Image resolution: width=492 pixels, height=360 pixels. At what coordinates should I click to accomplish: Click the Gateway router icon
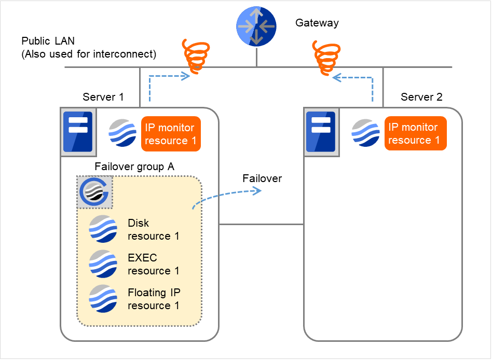pos(256,26)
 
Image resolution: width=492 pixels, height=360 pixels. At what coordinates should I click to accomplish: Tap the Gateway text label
pos(317,23)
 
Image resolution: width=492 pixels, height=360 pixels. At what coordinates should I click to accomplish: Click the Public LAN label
pos(47,41)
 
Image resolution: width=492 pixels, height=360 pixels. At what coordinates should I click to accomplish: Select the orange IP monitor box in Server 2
pos(415,133)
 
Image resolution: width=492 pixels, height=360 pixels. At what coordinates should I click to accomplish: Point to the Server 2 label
pos(421,97)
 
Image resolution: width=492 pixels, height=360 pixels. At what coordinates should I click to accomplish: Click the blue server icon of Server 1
pos(77,132)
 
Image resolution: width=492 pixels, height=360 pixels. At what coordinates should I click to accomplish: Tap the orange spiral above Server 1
pos(195,55)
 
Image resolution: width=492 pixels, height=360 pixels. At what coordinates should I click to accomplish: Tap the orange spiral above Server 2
pos(326,55)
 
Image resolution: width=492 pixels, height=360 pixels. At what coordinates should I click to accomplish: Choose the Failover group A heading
pos(134,167)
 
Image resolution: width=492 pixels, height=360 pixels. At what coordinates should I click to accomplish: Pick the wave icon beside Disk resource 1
pos(103,229)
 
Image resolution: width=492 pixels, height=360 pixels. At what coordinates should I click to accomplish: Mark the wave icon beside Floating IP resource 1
pos(103,298)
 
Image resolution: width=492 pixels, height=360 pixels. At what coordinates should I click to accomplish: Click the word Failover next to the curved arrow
pos(262,178)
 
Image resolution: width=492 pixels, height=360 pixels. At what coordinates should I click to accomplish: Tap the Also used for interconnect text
pos(89,54)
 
